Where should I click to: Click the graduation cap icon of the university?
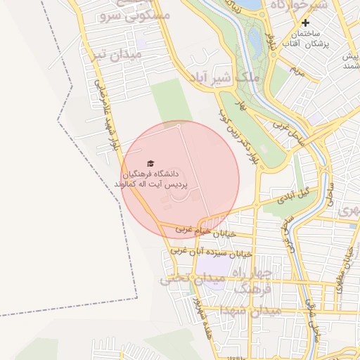pos(150,163)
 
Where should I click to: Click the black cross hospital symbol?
pos(306,23)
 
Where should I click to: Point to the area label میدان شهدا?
pos(250,310)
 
